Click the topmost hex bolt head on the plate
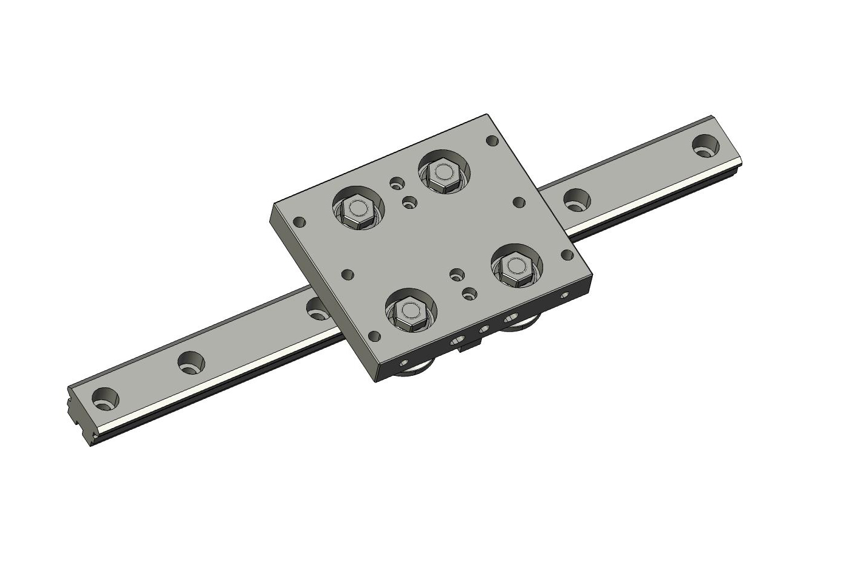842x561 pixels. click(443, 173)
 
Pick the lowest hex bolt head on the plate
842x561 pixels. click(409, 313)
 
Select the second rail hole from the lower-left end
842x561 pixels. click(191, 363)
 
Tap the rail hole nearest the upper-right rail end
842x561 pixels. click(705, 146)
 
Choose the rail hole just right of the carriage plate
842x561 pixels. click(577, 200)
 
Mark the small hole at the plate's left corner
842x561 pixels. click(298, 222)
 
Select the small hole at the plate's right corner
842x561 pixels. click(567, 255)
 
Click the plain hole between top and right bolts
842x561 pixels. click(518, 202)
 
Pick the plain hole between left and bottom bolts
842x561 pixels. click(348, 274)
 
